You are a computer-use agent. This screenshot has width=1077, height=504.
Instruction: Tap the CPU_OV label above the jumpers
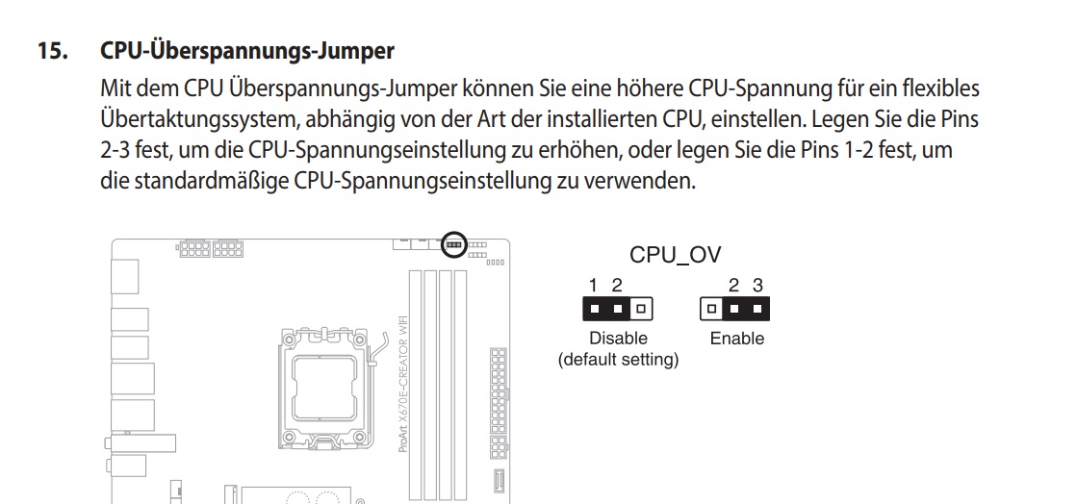pos(675,255)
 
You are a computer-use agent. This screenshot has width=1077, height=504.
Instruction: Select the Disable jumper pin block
pos(618,309)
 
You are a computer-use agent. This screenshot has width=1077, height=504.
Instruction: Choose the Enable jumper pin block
pos(735,309)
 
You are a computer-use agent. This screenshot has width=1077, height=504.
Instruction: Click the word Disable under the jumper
pos(618,339)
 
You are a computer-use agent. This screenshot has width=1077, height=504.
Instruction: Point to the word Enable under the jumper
pos(736,339)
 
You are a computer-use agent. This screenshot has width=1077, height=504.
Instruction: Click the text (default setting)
pos(618,361)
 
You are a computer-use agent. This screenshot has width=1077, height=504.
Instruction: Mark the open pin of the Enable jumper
pos(711,309)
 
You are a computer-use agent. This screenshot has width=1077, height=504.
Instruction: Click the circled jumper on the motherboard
pos(453,246)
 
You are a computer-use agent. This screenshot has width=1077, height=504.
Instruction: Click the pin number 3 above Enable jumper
pos(757,285)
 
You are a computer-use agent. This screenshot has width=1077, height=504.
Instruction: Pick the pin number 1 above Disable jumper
pos(595,285)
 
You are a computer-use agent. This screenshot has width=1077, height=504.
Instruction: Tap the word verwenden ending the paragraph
pos(646,180)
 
